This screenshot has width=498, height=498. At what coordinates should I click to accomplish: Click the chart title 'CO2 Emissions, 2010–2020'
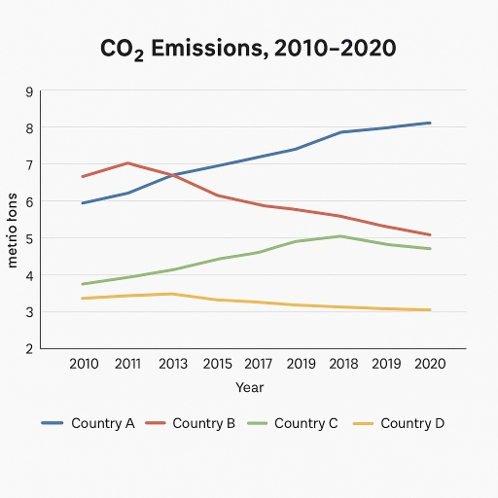click(x=249, y=48)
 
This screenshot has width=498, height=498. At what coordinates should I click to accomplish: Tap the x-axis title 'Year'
click(x=249, y=387)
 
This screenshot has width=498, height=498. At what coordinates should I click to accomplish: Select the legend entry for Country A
click(x=89, y=423)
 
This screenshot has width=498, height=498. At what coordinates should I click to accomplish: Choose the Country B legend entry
click(x=190, y=423)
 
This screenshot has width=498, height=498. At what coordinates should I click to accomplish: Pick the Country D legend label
click(x=398, y=423)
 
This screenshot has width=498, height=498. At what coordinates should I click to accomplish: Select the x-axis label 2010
click(x=86, y=364)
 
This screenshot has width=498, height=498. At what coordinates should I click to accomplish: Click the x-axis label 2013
click(x=171, y=364)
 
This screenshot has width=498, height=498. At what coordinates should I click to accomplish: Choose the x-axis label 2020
click(x=429, y=364)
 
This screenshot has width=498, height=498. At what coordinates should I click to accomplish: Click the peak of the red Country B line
click(x=126, y=163)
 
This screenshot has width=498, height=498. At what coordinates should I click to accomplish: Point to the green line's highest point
click(x=339, y=236)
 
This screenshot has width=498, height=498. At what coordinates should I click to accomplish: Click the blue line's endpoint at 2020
click(x=430, y=123)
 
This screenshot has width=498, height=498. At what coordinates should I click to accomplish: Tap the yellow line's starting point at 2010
click(x=83, y=298)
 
